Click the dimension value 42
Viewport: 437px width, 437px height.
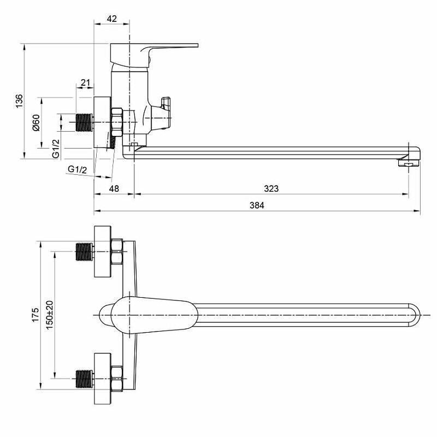(112, 18)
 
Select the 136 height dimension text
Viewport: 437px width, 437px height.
(19, 101)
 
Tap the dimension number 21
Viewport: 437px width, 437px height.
(85, 83)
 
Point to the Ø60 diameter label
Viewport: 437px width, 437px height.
(36, 122)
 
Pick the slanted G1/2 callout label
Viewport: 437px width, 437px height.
(78, 169)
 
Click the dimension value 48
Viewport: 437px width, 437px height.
(114, 188)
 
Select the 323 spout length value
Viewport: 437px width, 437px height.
(271, 188)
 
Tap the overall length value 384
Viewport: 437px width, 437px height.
(257, 206)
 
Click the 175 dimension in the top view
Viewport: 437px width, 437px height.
(35, 315)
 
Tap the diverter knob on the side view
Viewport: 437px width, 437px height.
(167, 103)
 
